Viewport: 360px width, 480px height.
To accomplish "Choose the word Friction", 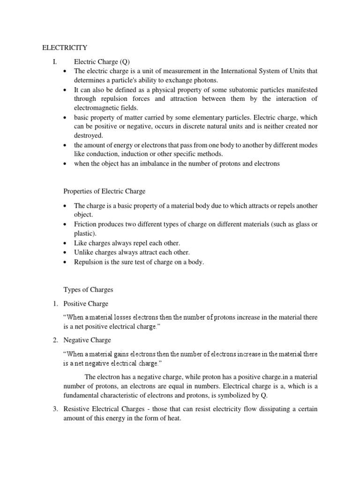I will click(86, 225).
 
